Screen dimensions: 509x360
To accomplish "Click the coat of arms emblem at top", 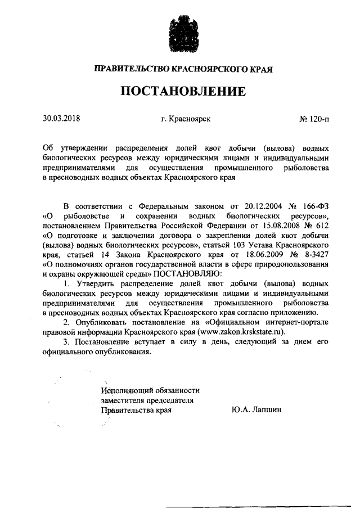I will click(x=179, y=35).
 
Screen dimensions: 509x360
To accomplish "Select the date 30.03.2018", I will click(x=62, y=119).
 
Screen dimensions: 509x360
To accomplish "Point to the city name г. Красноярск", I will click(x=186, y=119).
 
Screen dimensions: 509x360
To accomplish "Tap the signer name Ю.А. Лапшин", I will click(x=256, y=410).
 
